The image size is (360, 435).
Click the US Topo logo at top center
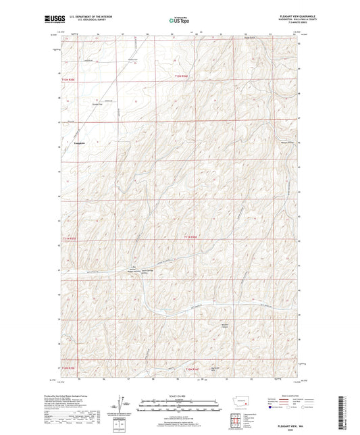pyautogui.click(x=179, y=21)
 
